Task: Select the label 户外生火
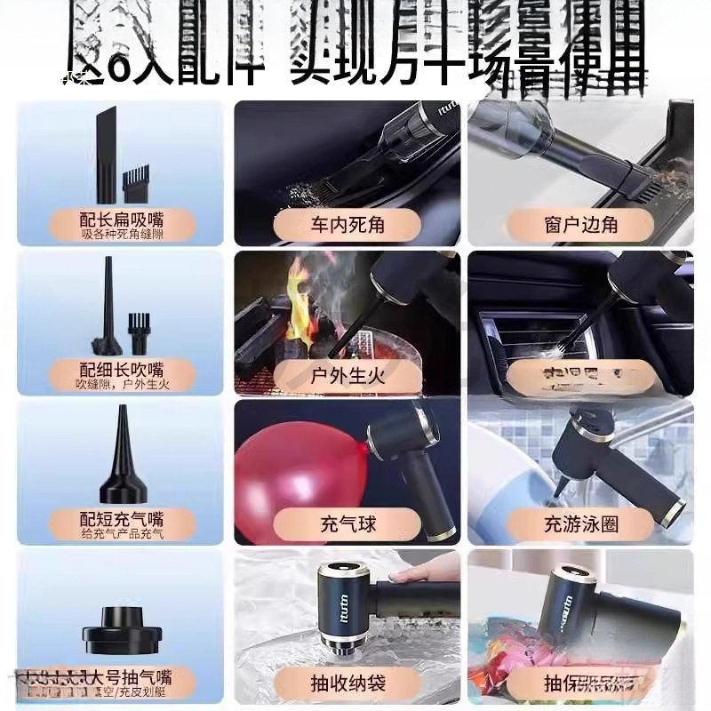pyautogui.click(x=346, y=375)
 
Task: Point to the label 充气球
pyautogui.click(x=346, y=523)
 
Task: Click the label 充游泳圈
pyautogui.click(x=580, y=523)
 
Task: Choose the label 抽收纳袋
pyautogui.click(x=346, y=683)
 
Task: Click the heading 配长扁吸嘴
pyautogui.click(x=121, y=219)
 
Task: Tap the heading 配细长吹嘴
pyautogui.click(x=121, y=368)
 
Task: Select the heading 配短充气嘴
pyautogui.click(x=121, y=518)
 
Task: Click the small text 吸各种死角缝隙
pyautogui.click(x=121, y=235)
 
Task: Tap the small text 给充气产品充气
pyautogui.click(x=121, y=534)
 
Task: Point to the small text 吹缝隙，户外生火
pyautogui.click(x=121, y=384)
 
